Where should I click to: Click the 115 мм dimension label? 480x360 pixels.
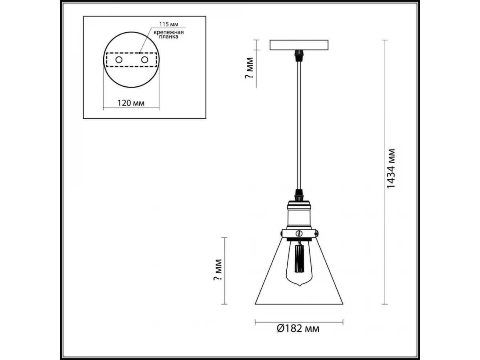coord(169,24)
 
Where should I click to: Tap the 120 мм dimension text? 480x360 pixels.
coord(131,103)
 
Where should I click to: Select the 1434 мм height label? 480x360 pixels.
coord(391,168)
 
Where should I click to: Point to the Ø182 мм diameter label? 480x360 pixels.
coord(298,334)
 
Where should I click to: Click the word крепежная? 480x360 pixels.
coord(168,32)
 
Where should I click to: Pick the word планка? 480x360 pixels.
coord(168,37)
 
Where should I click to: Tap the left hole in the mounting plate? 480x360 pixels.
coord(119,60)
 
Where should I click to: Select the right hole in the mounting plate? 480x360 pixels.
coord(144,60)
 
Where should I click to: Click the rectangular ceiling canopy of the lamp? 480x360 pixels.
coord(299,45)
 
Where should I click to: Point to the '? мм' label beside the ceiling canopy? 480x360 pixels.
coord(249,68)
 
